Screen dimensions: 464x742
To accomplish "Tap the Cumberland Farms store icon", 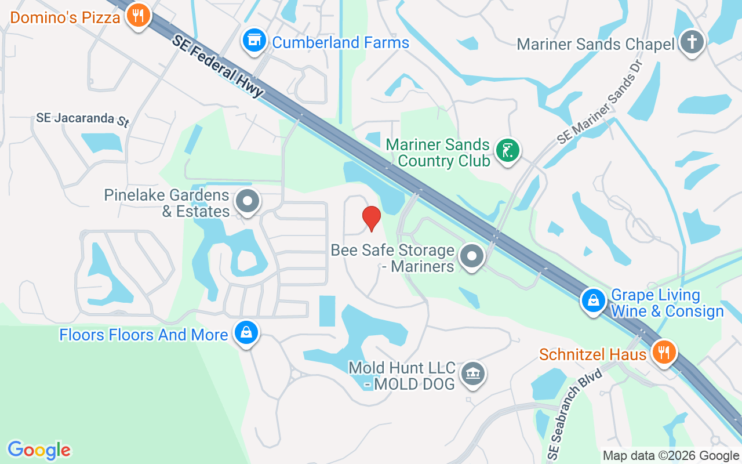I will [x=253, y=41].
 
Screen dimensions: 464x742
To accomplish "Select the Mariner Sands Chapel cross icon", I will [x=691, y=42].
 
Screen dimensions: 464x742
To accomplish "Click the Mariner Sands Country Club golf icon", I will [x=508, y=151].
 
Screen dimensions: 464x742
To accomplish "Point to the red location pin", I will [x=371, y=218].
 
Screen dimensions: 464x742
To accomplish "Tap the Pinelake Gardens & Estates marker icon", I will [x=248, y=202].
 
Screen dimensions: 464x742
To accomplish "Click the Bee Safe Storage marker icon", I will [x=472, y=256].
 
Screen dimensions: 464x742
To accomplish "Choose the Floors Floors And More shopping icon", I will [x=246, y=333].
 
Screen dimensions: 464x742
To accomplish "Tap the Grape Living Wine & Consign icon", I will [x=594, y=301].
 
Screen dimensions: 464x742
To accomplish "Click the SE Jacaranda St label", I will [x=82, y=119].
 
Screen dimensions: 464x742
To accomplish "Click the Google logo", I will [x=39, y=450].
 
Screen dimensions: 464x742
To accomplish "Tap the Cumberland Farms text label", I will [x=340, y=42].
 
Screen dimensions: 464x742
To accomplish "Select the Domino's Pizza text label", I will [x=65, y=17].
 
